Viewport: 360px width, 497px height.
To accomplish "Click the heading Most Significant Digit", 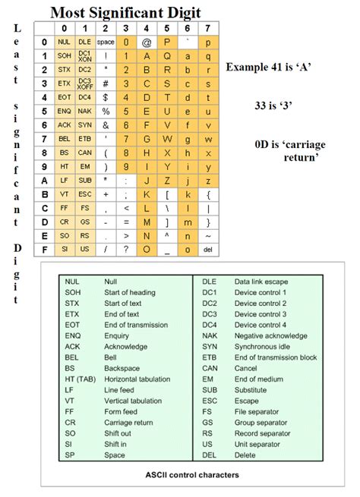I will coord(126,13).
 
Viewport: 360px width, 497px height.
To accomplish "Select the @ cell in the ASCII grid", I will coord(147,42).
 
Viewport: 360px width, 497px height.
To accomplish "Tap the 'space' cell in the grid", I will coord(106,42).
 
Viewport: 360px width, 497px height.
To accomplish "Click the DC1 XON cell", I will coord(84,55).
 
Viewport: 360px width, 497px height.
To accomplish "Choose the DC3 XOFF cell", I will coord(84,83).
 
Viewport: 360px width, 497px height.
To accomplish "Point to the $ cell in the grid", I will coord(106,97).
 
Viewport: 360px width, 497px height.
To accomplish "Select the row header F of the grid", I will coord(45,249).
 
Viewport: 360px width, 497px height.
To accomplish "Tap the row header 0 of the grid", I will coord(45,42).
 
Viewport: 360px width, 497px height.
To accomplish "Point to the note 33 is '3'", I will coord(284,106).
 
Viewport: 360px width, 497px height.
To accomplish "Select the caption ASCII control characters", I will coord(193,474).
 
